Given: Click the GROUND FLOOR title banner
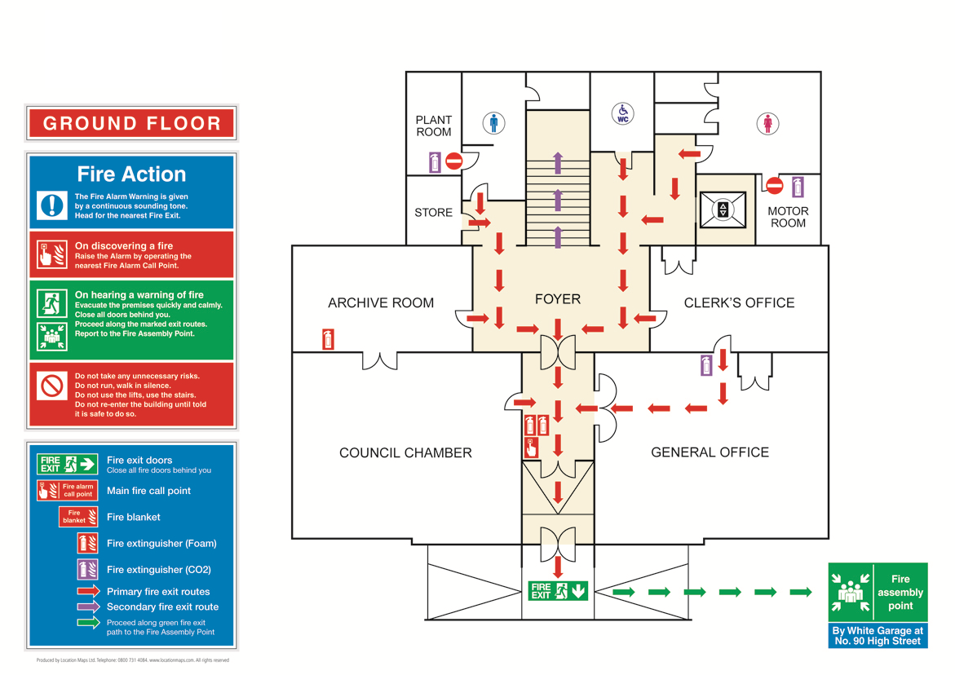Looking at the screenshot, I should pyautogui.click(x=131, y=124).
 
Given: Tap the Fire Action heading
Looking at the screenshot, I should pyautogui.click(x=131, y=174).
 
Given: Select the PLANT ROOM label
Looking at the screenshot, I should pyautogui.click(x=433, y=126).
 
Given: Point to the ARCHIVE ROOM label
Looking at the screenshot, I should pyautogui.click(x=381, y=302).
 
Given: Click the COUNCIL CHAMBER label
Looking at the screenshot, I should pyautogui.click(x=405, y=452).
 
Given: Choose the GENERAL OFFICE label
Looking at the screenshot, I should pyautogui.click(x=710, y=452).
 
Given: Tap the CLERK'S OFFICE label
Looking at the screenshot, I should pyautogui.click(x=739, y=302).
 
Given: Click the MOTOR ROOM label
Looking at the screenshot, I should pyautogui.click(x=788, y=217).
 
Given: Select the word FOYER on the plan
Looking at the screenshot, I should pyautogui.click(x=558, y=299).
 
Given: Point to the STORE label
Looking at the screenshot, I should pyautogui.click(x=433, y=213).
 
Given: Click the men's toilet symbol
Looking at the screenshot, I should pyautogui.click(x=493, y=123).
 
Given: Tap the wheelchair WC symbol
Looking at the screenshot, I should pyautogui.click(x=623, y=113).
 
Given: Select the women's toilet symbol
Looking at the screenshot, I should pyautogui.click(x=767, y=123).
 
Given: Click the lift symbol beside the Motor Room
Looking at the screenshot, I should pyautogui.click(x=723, y=210).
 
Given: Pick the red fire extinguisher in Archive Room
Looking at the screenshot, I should pyautogui.click(x=328, y=339).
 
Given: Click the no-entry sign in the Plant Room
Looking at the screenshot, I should pyautogui.click(x=454, y=161).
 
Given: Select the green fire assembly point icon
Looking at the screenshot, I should pyautogui.click(x=851, y=592).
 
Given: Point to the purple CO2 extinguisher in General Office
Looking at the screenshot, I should pyautogui.click(x=706, y=365).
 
